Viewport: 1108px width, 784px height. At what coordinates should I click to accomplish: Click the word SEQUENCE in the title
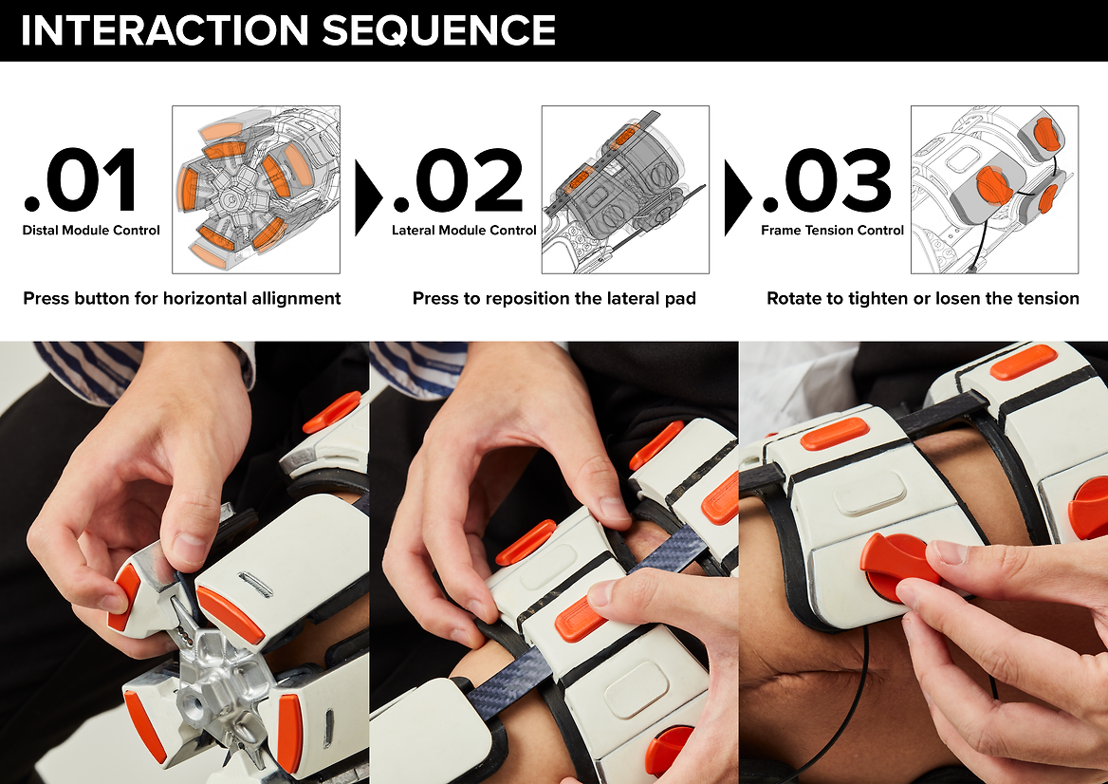pos(439,29)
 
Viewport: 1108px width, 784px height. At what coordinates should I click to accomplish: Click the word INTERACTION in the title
pos(165,29)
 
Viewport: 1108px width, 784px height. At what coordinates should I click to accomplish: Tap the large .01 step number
pos(81,180)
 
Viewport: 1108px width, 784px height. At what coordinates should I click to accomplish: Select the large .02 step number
pos(458,180)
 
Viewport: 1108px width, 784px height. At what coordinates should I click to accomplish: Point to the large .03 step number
pos(827,180)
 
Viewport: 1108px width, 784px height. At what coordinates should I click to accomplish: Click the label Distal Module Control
pos(91,231)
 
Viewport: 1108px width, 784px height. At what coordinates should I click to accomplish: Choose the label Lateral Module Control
pos(464,231)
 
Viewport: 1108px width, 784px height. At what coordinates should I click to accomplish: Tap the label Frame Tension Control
pos(832,231)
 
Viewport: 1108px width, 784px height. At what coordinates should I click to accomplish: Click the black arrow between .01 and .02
pos(367,198)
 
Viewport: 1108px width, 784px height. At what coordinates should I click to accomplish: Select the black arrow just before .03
pos(737,198)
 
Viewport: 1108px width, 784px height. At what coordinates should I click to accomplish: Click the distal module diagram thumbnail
pos(256,190)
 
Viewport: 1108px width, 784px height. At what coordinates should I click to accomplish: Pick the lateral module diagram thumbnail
pos(625,190)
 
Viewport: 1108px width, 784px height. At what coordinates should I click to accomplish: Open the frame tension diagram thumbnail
pos(994,190)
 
